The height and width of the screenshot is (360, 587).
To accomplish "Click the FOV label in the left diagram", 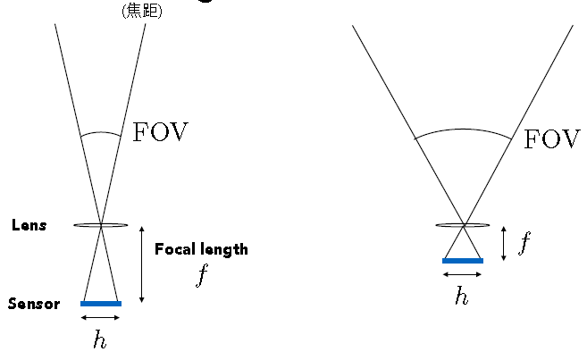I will click(x=162, y=132).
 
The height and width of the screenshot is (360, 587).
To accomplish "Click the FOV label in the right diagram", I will click(x=552, y=139).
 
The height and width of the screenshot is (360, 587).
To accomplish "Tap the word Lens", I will click(x=29, y=225).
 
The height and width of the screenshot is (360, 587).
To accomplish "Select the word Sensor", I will click(x=34, y=304).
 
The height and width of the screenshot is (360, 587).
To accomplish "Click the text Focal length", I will click(x=201, y=249).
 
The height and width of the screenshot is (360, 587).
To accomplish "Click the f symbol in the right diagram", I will click(x=524, y=242).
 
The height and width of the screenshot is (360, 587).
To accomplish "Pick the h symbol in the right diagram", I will click(x=462, y=296).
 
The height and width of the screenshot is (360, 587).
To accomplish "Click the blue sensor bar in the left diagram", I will click(x=101, y=304).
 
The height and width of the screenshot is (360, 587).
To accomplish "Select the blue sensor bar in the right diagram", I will click(x=463, y=261).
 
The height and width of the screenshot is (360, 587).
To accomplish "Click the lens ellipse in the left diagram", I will click(x=101, y=225).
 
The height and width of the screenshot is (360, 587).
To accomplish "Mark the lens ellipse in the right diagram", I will click(x=463, y=225).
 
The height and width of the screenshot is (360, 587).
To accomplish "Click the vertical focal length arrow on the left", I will click(x=142, y=264).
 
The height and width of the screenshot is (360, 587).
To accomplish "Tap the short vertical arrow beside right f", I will click(x=505, y=243).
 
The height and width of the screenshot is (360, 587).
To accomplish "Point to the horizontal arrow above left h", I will click(x=101, y=317).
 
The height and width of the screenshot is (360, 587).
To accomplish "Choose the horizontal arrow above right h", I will click(x=463, y=274).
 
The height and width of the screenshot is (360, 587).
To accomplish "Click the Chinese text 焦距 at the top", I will click(x=141, y=12).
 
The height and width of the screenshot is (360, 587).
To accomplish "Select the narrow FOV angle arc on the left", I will click(x=100, y=134).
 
